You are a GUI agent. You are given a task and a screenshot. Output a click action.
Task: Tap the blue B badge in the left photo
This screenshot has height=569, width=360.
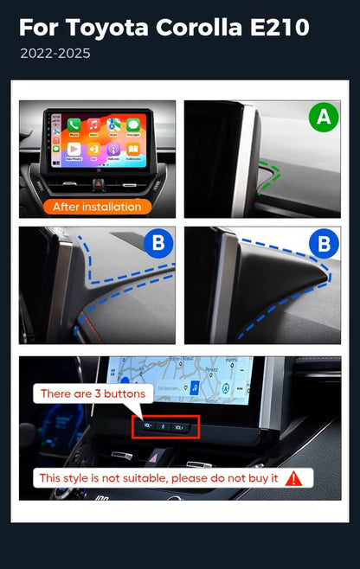[x=157, y=245]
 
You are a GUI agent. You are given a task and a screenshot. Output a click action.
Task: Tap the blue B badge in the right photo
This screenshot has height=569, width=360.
[x=323, y=245]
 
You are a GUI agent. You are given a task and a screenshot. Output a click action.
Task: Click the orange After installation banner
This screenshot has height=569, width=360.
[x=96, y=207]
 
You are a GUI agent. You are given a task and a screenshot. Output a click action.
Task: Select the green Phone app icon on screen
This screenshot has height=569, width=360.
[x=74, y=125]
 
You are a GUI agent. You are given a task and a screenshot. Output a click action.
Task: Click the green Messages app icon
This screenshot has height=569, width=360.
[x=133, y=125]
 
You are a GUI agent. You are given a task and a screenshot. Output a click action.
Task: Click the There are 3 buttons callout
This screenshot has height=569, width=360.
[x=93, y=393]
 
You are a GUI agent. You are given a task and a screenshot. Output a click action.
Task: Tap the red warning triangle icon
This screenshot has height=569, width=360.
[x=294, y=477]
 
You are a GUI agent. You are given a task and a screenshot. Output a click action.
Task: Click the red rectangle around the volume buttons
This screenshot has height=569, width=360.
[x=166, y=426]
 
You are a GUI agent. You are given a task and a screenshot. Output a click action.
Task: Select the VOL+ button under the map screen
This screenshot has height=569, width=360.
[x=179, y=427]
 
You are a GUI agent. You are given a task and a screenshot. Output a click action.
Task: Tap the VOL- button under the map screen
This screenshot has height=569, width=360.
[x=149, y=427]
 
